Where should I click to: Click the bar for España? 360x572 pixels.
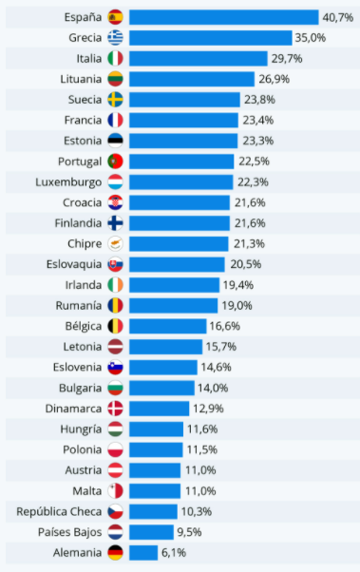click(223, 17)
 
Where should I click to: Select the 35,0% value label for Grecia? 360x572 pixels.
click(311, 38)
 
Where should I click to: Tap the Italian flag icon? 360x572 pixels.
click(115, 59)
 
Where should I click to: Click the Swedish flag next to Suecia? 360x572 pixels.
click(115, 100)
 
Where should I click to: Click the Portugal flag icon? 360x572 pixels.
click(115, 162)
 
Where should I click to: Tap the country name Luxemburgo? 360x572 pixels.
click(67, 181)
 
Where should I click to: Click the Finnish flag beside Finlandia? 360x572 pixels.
click(115, 223)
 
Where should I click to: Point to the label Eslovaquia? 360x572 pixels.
click(69, 264)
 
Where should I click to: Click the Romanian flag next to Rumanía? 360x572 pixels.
click(115, 305)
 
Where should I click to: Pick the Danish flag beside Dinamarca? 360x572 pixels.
click(115, 409)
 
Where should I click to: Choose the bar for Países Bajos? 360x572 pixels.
click(151, 532)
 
